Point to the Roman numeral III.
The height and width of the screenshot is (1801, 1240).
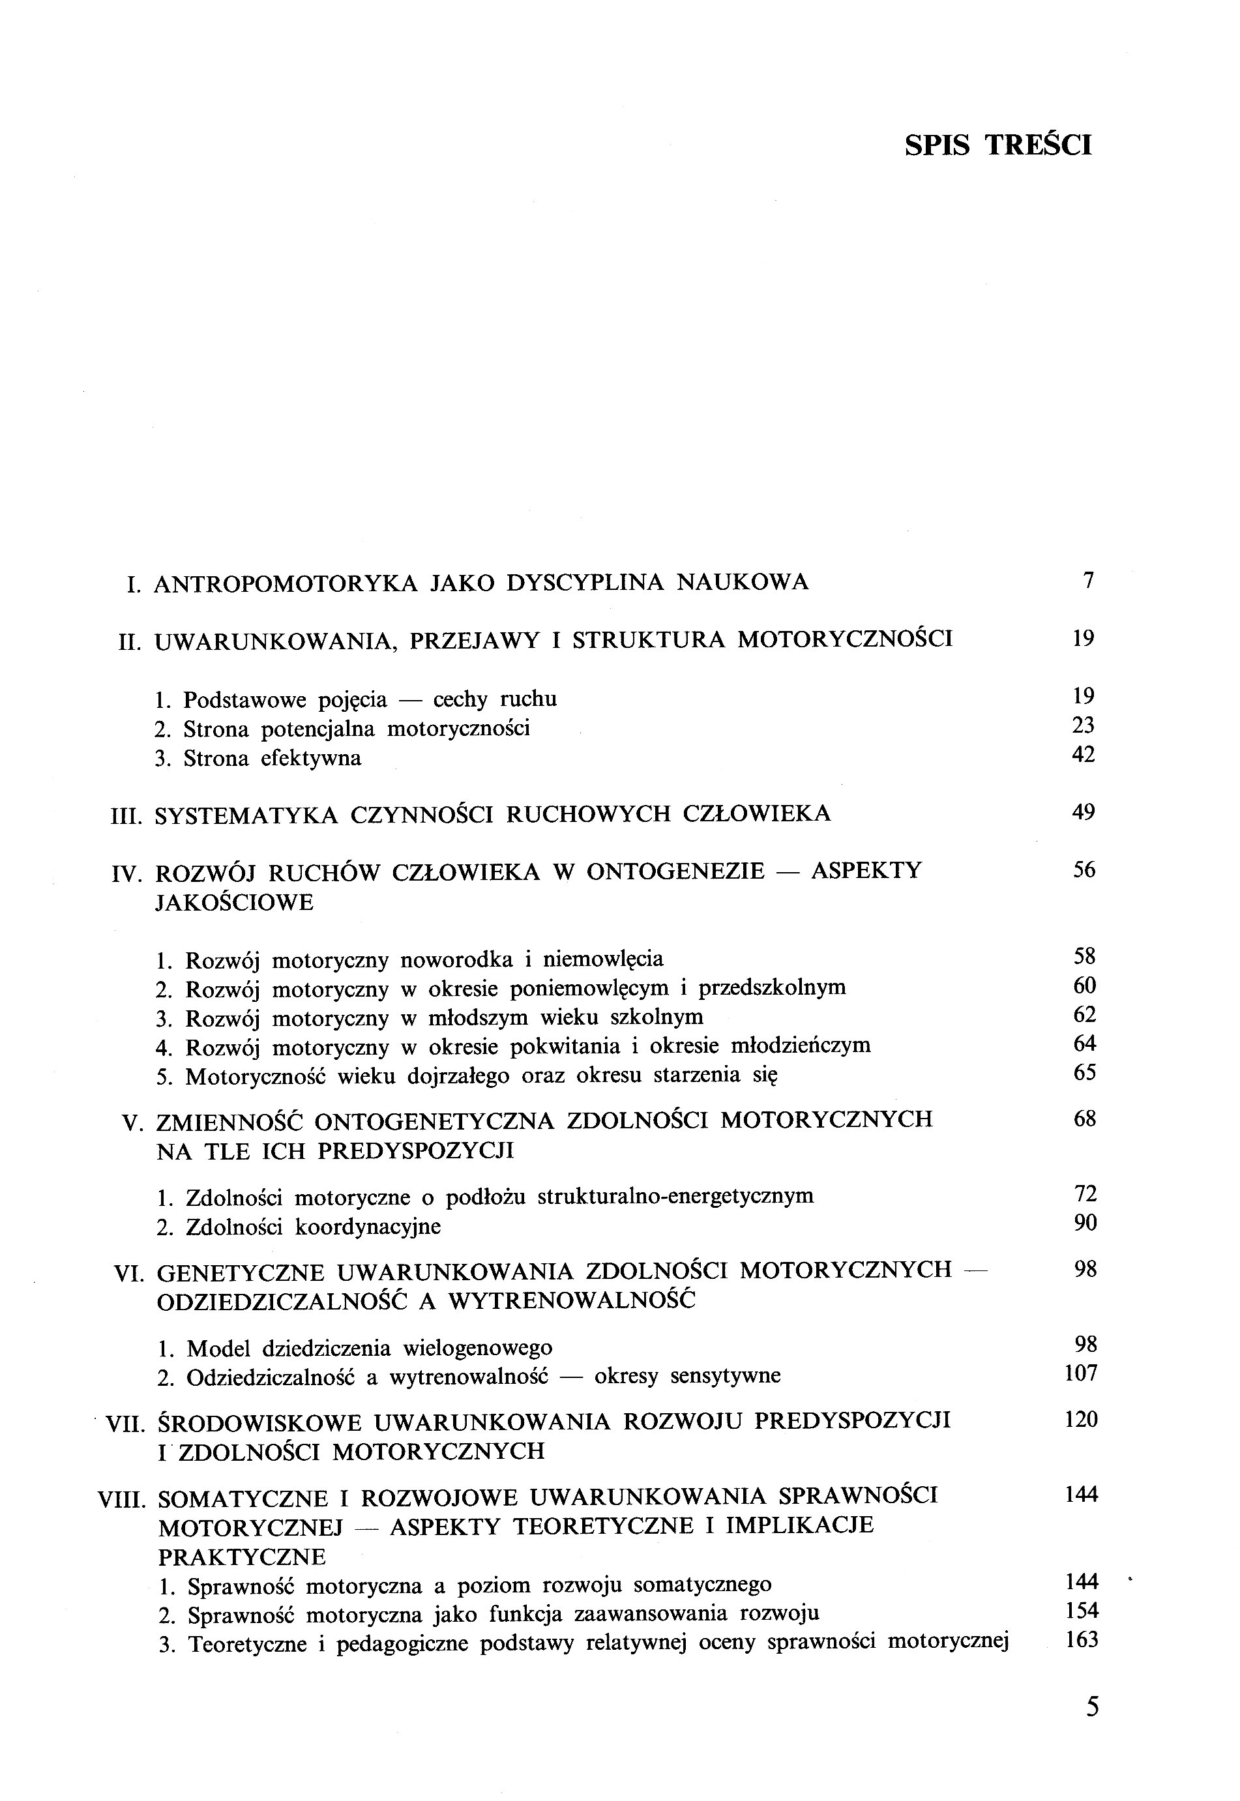coord(126,815)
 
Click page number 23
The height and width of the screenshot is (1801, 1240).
coord(1082,725)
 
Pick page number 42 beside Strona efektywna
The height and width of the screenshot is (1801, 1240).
coord(1082,755)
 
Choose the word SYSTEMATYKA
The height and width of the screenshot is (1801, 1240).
coord(246,815)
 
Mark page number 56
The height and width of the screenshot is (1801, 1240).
coord(1084,870)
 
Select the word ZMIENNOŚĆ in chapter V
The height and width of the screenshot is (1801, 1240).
coord(229,1121)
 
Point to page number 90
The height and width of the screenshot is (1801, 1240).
coord(1085,1223)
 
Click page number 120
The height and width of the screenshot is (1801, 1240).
coord(1081,1420)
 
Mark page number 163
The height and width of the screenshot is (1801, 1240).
coord(1082,1639)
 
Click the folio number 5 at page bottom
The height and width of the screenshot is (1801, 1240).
coord(1091,1708)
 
